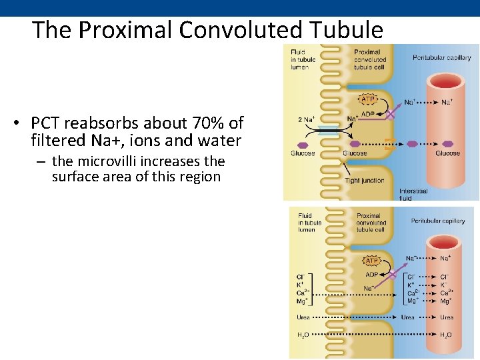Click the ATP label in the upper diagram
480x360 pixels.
click(x=368, y=99)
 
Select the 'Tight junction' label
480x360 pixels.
click(x=364, y=181)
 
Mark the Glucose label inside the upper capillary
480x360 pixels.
click(x=447, y=153)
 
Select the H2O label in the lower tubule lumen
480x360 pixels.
click(x=303, y=334)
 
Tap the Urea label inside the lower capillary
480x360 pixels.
click(x=447, y=317)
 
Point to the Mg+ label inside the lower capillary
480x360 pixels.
click(x=445, y=301)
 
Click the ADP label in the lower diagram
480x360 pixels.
click(x=372, y=274)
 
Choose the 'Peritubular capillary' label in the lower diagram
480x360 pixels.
click(x=438, y=221)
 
